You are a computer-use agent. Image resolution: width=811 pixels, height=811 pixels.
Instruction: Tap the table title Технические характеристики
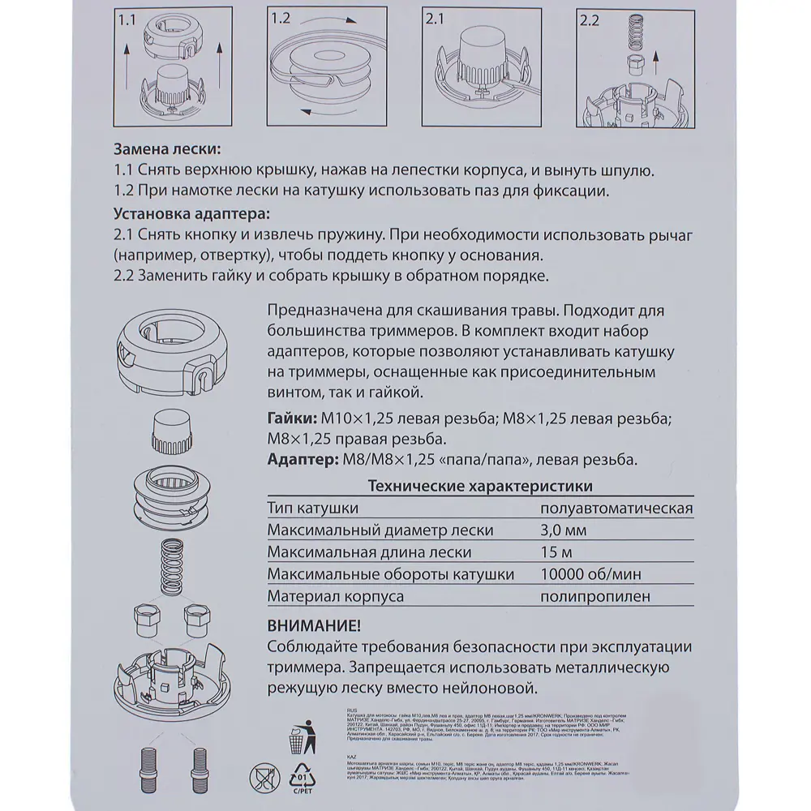point(479,487)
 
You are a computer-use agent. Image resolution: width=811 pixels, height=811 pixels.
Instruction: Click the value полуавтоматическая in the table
point(616,508)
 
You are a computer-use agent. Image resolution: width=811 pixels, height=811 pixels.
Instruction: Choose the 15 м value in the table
point(557,553)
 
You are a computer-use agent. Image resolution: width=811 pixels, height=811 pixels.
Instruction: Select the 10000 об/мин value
point(590,575)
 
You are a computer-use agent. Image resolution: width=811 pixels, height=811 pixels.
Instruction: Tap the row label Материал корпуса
point(335,597)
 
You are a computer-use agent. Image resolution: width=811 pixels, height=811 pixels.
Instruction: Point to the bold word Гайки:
point(291,418)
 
